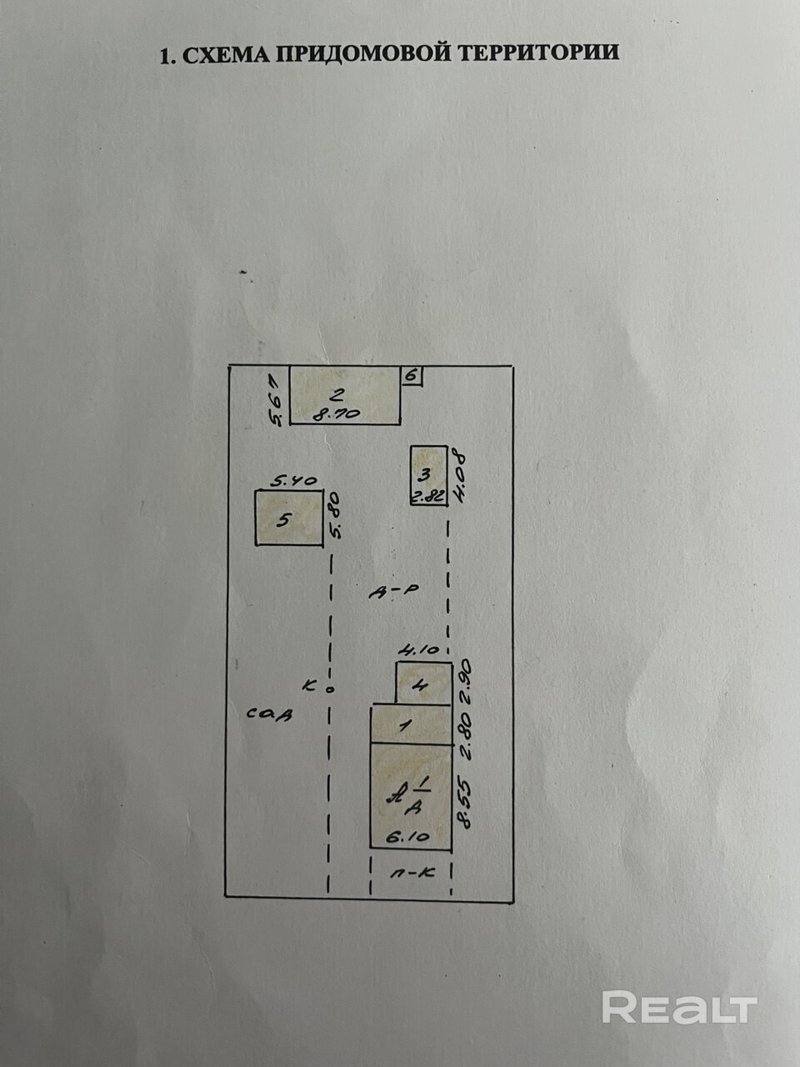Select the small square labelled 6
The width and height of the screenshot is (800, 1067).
tap(411, 376)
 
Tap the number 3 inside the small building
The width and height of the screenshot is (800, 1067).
tap(423, 475)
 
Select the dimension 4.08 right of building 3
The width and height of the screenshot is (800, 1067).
tap(458, 474)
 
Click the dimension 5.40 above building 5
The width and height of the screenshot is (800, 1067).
tap(294, 480)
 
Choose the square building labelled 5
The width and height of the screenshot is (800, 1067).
tap(288, 518)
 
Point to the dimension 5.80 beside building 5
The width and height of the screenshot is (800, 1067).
tap(336, 518)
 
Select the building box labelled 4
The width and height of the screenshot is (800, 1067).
tap(423, 684)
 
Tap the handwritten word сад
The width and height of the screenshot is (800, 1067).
tap(270, 714)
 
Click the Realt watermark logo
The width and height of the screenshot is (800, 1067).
tap(679, 1008)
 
